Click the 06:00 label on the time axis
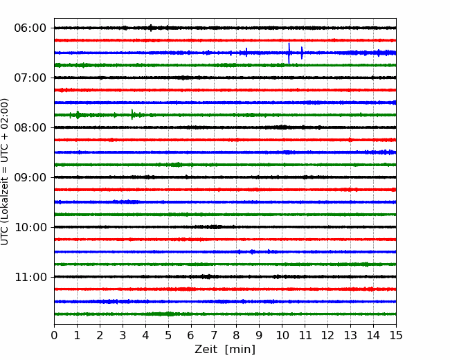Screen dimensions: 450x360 (30, 28)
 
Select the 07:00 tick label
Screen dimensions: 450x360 (30, 78)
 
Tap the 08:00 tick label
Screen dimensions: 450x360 (30, 127)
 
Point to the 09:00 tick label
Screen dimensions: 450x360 (30, 177)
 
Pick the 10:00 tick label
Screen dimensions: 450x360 (30, 227)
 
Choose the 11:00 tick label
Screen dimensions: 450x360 (30, 277)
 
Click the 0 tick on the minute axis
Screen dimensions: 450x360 (54, 335)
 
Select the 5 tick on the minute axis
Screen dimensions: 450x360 (168, 335)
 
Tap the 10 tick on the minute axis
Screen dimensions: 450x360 (282, 335)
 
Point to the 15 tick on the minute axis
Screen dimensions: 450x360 (396, 335)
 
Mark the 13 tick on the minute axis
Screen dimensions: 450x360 (350, 335)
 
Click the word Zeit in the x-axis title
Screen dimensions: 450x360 (205, 350)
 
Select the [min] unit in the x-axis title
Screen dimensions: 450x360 (240, 350)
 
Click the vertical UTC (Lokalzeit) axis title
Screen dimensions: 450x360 (5, 172)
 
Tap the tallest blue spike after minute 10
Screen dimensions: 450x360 (289, 53)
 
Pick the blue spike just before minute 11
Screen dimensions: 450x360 (302, 53)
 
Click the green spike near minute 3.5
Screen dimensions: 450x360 (132, 114)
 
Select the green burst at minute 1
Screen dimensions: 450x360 (78, 115)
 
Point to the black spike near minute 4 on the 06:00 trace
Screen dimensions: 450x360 (151, 28)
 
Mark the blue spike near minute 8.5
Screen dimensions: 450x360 (246, 52)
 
